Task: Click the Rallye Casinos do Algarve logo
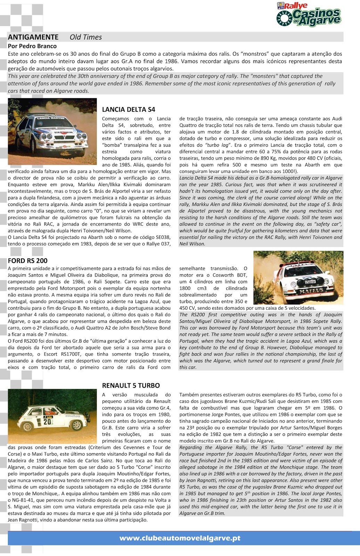click(x=309, y=15)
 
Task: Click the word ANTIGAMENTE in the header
click(x=33, y=37)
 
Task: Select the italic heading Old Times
click(x=85, y=37)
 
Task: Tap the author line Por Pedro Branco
click(x=32, y=46)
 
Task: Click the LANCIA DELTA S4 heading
click(x=129, y=109)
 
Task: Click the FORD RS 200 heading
click(x=28, y=261)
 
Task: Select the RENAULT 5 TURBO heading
click(x=131, y=385)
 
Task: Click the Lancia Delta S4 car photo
click(x=52, y=132)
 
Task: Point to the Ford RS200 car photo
click(x=298, y=278)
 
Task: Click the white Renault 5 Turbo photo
click(x=52, y=416)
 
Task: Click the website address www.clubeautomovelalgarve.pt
click(x=180, y=538)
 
